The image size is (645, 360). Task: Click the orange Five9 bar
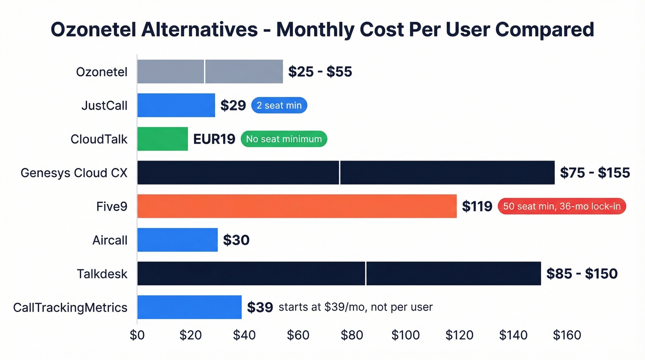coord(297,206)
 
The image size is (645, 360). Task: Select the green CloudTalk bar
coord(163,139)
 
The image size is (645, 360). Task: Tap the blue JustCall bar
coord(176,105)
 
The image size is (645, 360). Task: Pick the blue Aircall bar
coord(177,240)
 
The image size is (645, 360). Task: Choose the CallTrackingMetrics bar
coord(189,307)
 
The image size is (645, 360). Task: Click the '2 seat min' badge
coord(279,106)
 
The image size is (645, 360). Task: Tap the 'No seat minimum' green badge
coord(284,139)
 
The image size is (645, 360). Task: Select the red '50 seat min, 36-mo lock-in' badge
coord(562,207)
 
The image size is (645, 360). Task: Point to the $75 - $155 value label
coord(595,172)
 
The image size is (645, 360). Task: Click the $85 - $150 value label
coord(582,273)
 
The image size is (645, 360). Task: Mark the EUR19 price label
coord(214,139)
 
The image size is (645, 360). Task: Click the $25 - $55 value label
coord(320,71)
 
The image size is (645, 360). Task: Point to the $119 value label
coord(477,207)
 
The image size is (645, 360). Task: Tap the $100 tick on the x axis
coord(406,335)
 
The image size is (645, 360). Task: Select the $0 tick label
coord(137,335)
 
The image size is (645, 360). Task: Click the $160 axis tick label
coord(567,335)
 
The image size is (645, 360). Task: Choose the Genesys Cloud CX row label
coord(74,173)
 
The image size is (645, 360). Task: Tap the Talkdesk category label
coord(102,274)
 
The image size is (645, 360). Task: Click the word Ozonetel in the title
coord(99,30)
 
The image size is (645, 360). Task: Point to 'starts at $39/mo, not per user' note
coord(356,307)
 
